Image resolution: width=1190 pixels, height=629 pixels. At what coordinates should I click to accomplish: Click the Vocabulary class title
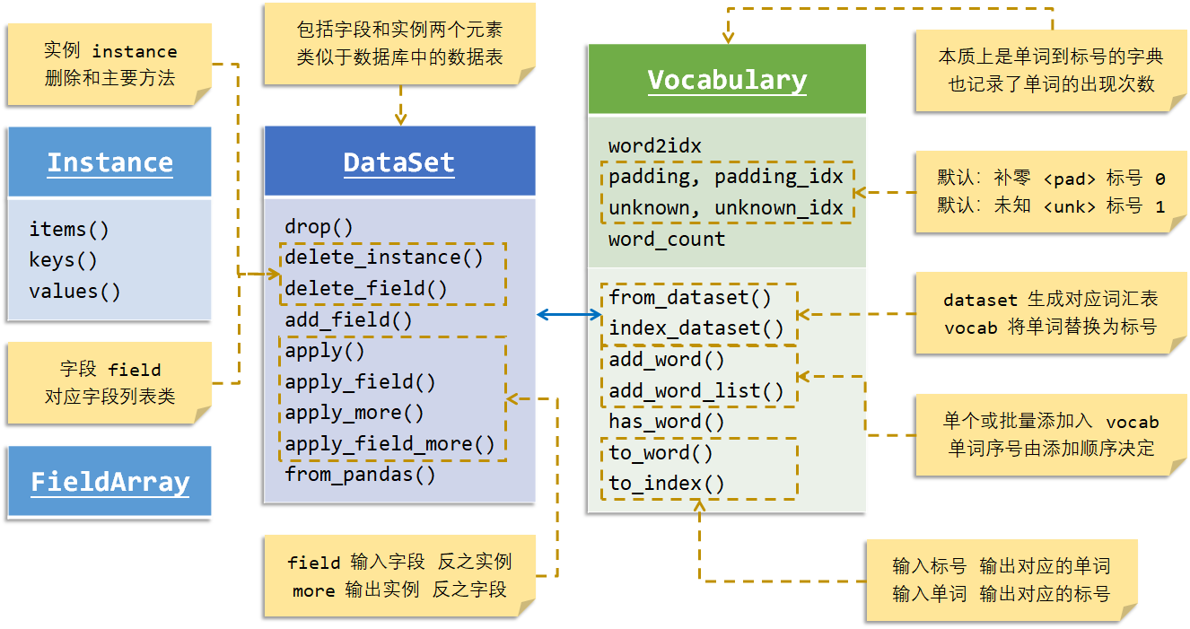727,80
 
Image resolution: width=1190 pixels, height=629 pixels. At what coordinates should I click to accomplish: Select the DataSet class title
398,162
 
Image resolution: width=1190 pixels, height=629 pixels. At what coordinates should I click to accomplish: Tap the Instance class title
109,162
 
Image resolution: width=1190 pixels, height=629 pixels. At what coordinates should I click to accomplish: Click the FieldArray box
109,482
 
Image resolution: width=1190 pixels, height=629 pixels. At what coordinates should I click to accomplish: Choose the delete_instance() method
384,258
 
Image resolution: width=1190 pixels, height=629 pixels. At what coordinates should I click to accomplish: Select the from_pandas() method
360,475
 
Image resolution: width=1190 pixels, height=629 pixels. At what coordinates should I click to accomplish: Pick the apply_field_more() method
389,443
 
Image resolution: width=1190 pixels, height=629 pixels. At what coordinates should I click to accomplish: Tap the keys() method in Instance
63,260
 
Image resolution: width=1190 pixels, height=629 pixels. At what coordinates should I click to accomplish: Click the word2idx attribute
654,145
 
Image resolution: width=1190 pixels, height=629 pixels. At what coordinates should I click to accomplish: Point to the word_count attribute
666,240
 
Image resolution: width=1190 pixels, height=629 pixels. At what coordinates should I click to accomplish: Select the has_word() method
666,422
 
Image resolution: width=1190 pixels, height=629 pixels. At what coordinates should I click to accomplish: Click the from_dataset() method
689,297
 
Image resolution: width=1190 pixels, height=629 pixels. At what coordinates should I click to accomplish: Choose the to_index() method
666,484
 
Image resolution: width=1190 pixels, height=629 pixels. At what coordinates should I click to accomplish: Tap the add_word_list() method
696,390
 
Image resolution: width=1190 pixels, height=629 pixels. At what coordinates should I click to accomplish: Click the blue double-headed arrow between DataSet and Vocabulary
570,314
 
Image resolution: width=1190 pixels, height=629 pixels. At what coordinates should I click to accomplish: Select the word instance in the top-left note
135,52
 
